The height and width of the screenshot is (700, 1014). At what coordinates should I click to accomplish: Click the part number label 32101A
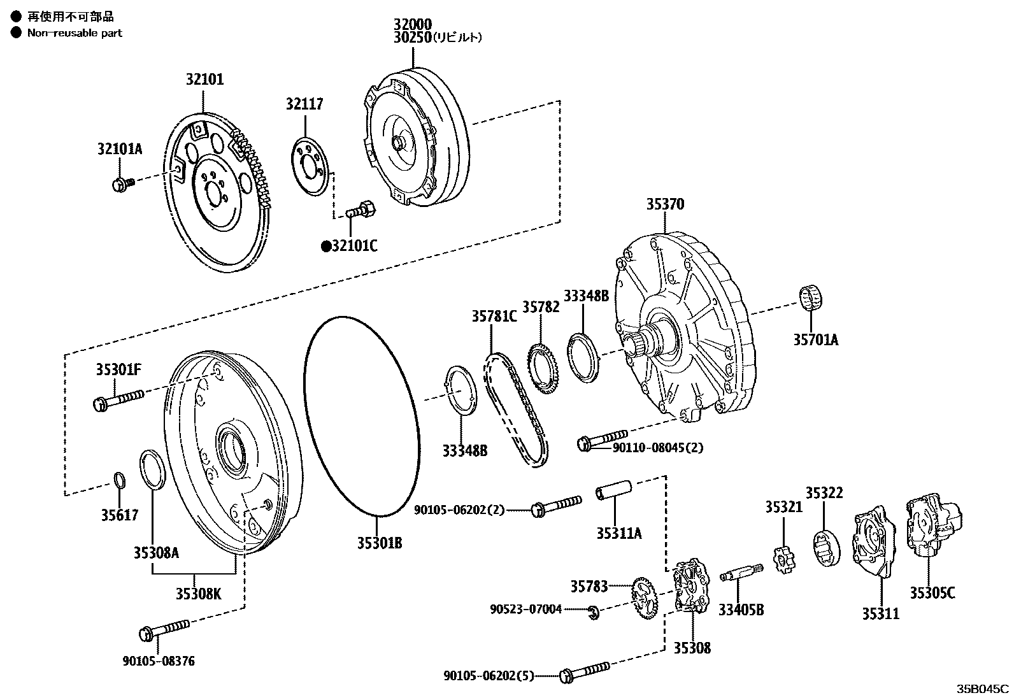click(x=119, y=149)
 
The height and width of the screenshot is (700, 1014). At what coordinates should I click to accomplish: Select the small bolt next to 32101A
click(x=122, y=185)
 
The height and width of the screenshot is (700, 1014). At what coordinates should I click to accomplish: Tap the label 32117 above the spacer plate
click(x=304, y=104)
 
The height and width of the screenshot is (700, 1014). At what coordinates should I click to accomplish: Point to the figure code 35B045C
click(x=982, y=689)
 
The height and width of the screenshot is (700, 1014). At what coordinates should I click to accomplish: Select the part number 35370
click(x=665, y=204)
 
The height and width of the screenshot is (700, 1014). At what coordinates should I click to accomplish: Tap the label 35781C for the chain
click(x=494, y=316)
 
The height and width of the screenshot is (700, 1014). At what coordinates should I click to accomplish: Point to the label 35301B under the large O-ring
click(x=379, y=543)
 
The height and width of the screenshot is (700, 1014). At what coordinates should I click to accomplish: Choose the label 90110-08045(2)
click(x=658, y=448)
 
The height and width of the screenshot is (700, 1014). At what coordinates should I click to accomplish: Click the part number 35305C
click(x=932, y=593)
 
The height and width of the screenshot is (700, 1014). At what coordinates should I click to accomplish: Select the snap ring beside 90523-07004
click(x=592, y=611)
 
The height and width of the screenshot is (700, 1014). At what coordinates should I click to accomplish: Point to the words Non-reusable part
click(x=75, y=33)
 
